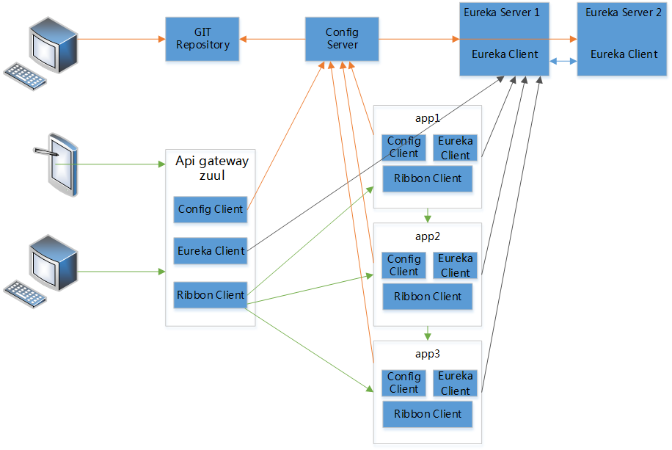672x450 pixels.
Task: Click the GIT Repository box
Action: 202,39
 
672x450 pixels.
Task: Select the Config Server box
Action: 342,39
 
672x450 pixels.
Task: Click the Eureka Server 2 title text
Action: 624,12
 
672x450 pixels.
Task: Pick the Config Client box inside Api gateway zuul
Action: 210,209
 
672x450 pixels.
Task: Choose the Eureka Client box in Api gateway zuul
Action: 210,250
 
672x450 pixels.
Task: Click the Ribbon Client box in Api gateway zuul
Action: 210,295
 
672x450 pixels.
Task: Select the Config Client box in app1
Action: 403,148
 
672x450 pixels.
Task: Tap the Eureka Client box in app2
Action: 455,266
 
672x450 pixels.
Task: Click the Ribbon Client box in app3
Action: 427,414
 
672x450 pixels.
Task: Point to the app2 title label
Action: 427,236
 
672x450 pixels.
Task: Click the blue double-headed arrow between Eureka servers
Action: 563,62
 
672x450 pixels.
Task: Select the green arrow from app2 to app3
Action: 427,333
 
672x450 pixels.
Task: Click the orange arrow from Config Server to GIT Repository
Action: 272,39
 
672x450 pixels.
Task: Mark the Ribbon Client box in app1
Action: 427,178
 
